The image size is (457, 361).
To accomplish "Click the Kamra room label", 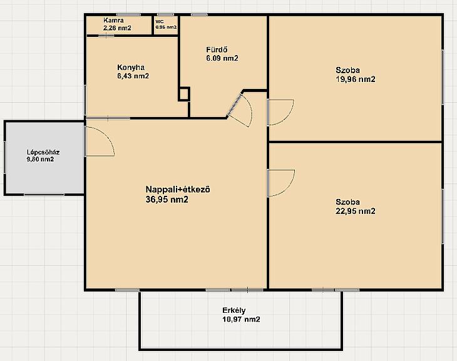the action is coord(113,21).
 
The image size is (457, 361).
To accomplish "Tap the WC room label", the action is coord(160,22).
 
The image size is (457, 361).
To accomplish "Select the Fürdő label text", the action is coord(217,49).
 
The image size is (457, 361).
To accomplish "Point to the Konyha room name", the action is coord(131,68).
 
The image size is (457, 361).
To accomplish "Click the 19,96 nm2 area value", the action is coord(356,79).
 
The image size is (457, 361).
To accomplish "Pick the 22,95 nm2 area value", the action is coord(356,211).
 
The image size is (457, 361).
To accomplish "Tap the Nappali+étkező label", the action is coord(178,190).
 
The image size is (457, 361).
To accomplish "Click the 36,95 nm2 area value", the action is coord(167,200).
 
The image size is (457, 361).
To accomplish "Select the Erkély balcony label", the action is coord(234,310).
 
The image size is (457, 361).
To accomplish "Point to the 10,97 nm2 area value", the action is coord(241,319).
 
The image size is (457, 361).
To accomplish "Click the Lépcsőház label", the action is coord(43,152).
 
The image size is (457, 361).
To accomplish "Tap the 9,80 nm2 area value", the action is coord(40,160).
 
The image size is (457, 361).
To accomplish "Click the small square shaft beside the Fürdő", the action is coord(184,94).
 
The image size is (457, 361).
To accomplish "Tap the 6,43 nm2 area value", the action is coord(133,76).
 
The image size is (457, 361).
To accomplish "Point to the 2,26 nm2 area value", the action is coord(117,28).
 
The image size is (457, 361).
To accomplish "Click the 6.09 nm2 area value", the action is coord(222,58).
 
